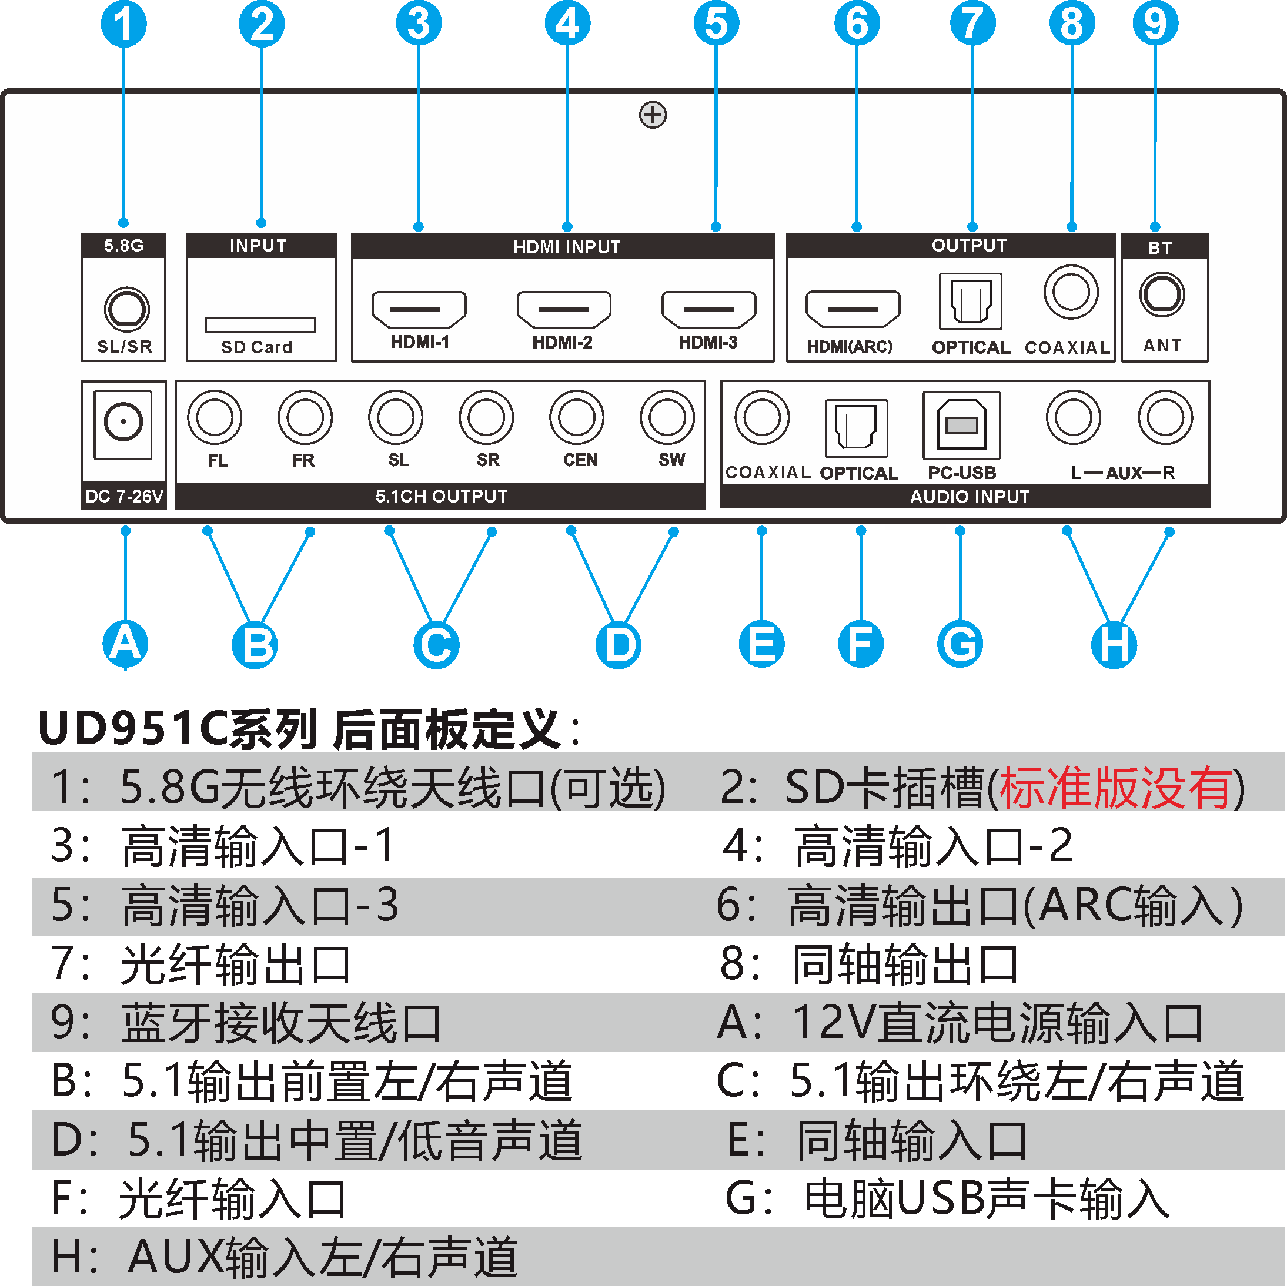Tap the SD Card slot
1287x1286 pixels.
(x=260, y=325)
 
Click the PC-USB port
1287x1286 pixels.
(x=961, y=425)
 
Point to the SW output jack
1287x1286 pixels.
(x=667, y=417)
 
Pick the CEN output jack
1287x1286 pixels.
(x=577, y=417)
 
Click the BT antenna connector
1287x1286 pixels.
(x=1162, y=294)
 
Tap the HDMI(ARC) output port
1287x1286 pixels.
(x=853, y=309)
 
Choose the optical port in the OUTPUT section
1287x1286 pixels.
(x=971, y=301)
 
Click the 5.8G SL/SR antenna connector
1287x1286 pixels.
(x=126, y=309)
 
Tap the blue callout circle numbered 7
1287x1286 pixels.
(x=972, y=24)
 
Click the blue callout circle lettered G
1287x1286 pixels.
(x=960, y=644)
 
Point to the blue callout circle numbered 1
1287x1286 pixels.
(x=124, y=24)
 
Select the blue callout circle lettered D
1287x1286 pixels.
(x=619, y=645)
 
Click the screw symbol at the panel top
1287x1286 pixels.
(x=653, y=115)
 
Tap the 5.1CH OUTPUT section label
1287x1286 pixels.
(x=441, y=496)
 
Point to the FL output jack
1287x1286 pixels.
(x=215, y=417)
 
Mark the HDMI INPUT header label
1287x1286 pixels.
(x=566, y=247)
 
